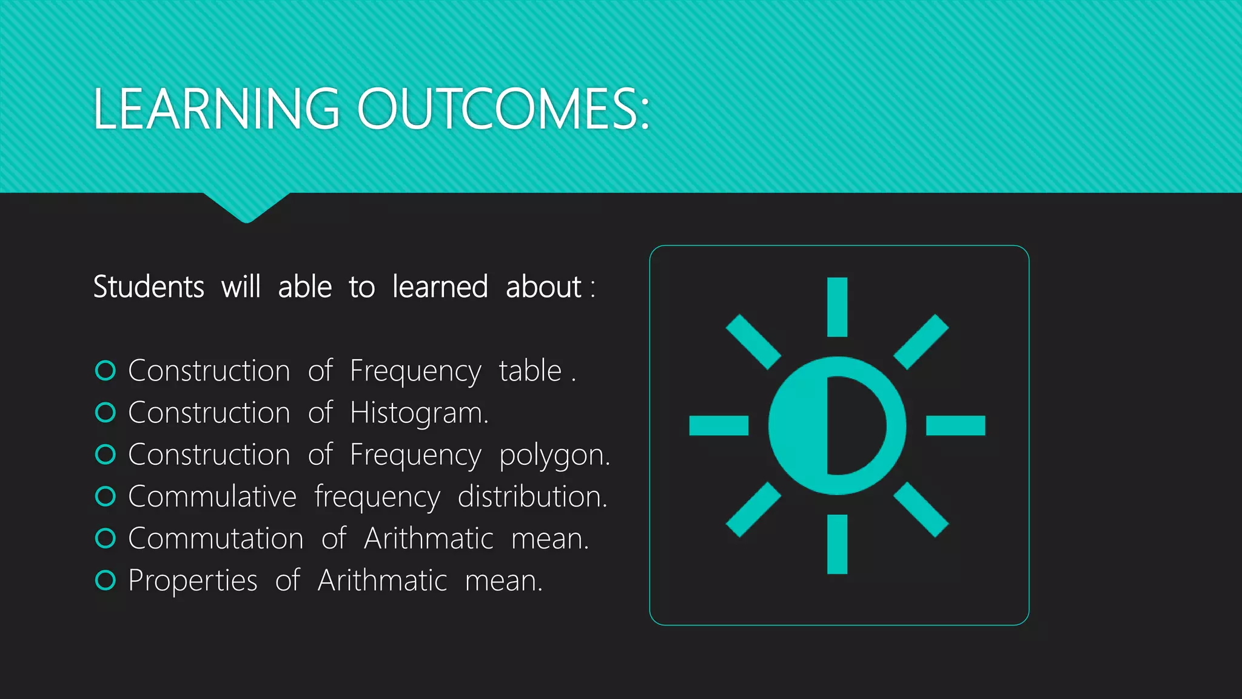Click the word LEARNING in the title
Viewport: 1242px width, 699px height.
(216, 109)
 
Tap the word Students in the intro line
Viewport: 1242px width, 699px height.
(149, 286)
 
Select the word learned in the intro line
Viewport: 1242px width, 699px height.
(440, 286)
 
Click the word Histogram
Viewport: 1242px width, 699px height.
(418, 413)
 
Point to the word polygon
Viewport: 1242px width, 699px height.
(554, 455)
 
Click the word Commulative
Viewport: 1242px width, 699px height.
(212, 496)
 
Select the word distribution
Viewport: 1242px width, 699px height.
(532, 496)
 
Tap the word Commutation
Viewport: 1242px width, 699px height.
(216, 539)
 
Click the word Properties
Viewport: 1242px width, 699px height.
(193, 581)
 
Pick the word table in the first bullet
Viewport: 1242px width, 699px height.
(530, 371)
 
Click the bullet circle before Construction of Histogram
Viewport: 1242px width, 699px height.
(106, 413)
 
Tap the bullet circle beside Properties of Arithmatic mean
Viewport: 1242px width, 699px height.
(106, 581)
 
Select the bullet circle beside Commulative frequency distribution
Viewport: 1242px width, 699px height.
(106, 496)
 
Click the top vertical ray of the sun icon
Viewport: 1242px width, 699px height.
(837, 306)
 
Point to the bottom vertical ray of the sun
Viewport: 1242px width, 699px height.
(837, 544)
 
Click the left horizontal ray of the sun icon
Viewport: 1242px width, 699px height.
(719, 425)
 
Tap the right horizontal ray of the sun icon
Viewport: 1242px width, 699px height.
(956, 425)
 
